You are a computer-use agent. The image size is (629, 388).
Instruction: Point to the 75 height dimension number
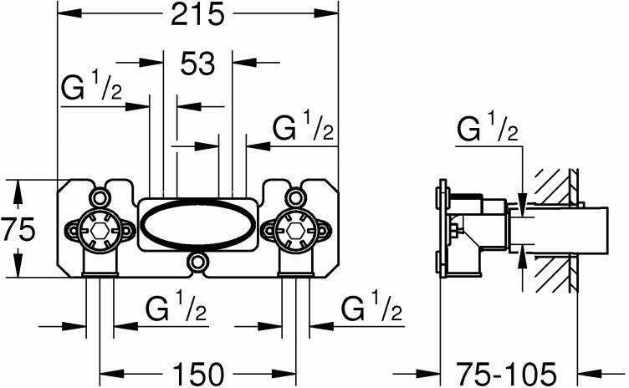18,228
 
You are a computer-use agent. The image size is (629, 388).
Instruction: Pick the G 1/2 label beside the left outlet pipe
176,311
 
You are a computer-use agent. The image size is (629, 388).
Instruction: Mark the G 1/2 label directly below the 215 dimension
92,87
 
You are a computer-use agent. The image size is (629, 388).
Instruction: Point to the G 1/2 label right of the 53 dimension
304,130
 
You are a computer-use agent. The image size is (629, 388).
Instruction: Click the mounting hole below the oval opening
197,263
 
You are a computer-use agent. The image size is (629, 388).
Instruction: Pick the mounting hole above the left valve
100,198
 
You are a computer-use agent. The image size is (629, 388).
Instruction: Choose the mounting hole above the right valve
294,198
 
